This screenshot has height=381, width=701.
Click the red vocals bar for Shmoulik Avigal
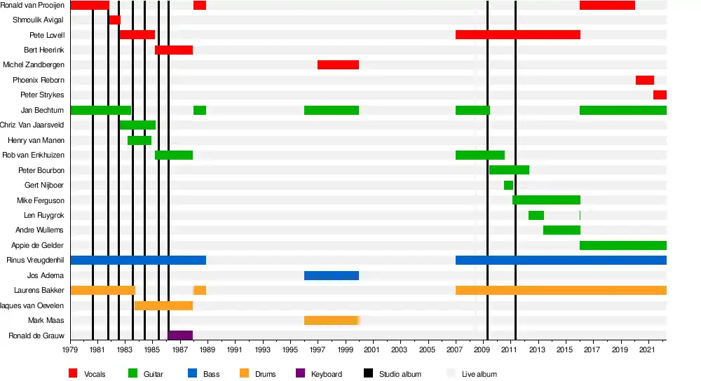(114, 20)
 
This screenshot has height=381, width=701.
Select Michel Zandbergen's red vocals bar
(338, 65)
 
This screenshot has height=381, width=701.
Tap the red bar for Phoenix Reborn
(644, 81)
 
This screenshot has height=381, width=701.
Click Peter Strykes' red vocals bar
(660, 95)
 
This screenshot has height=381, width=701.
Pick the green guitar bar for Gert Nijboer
(508, 186)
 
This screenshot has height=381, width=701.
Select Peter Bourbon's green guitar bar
(509, 170)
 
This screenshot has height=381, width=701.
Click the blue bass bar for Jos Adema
(331, 276)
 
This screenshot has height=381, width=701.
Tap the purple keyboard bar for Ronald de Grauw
(180, 335)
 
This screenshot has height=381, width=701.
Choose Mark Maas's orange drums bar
(331, 321)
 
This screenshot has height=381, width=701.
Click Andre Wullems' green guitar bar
(562, 230)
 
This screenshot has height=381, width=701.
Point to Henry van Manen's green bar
(139, 141)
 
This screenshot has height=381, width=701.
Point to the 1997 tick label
(317, 349)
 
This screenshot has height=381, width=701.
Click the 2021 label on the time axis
(647, 349)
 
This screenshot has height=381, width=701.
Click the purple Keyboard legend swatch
(300, 374)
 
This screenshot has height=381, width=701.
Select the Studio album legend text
(400, 374)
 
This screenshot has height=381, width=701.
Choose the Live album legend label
(479, 374)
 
